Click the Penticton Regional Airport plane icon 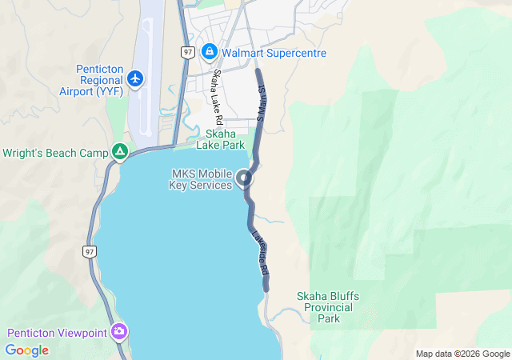[135, 78]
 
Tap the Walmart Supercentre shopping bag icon [209, 53]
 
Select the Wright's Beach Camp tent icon [119, 151]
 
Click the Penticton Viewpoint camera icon [119, 331]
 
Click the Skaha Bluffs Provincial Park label [328, 307]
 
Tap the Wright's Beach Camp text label [55, 152]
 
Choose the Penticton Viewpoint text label [58, 333]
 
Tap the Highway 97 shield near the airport [187, 51]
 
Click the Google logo [26, 350]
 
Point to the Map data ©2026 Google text [462, 354]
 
